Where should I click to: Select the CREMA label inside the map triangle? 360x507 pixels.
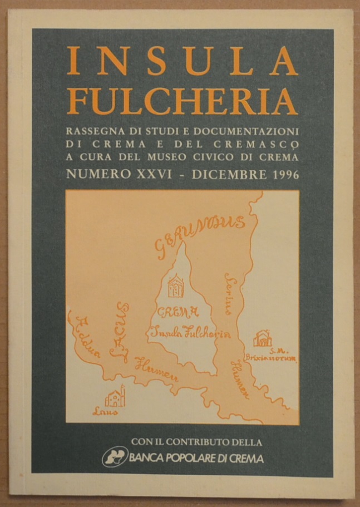pyautogui.click(x=178, y=312)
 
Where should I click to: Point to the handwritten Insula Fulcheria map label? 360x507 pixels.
pyautogui.click(x=190, y=332)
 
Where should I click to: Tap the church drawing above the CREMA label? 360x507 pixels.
pyautogui.click(x=177, y=285)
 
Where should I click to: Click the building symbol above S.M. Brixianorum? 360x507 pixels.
pyautogui.click(x=262, y=338)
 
